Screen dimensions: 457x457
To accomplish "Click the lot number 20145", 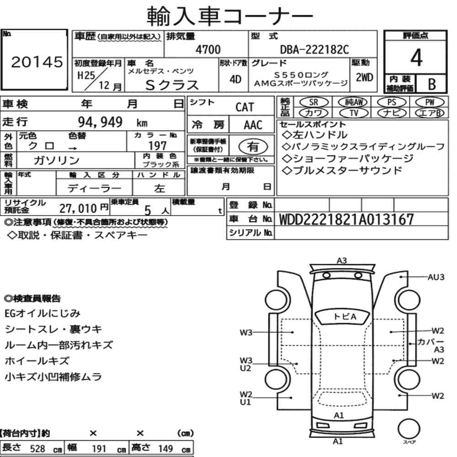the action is click(37, 62).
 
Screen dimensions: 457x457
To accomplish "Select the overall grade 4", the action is click(416, 58).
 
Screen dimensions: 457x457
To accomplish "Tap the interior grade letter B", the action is click(432, 84).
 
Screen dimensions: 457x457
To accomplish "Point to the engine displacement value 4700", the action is click(208, 49).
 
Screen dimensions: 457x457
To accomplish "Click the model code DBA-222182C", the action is click(314, 49).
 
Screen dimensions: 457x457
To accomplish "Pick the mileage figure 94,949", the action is click(100, 122).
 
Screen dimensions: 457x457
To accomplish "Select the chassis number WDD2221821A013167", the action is click(346, 219).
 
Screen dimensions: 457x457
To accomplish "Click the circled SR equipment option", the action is click(314, 102).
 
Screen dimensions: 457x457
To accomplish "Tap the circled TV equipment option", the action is click(354, 113).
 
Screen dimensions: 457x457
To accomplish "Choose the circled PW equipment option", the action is click(430, 102).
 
